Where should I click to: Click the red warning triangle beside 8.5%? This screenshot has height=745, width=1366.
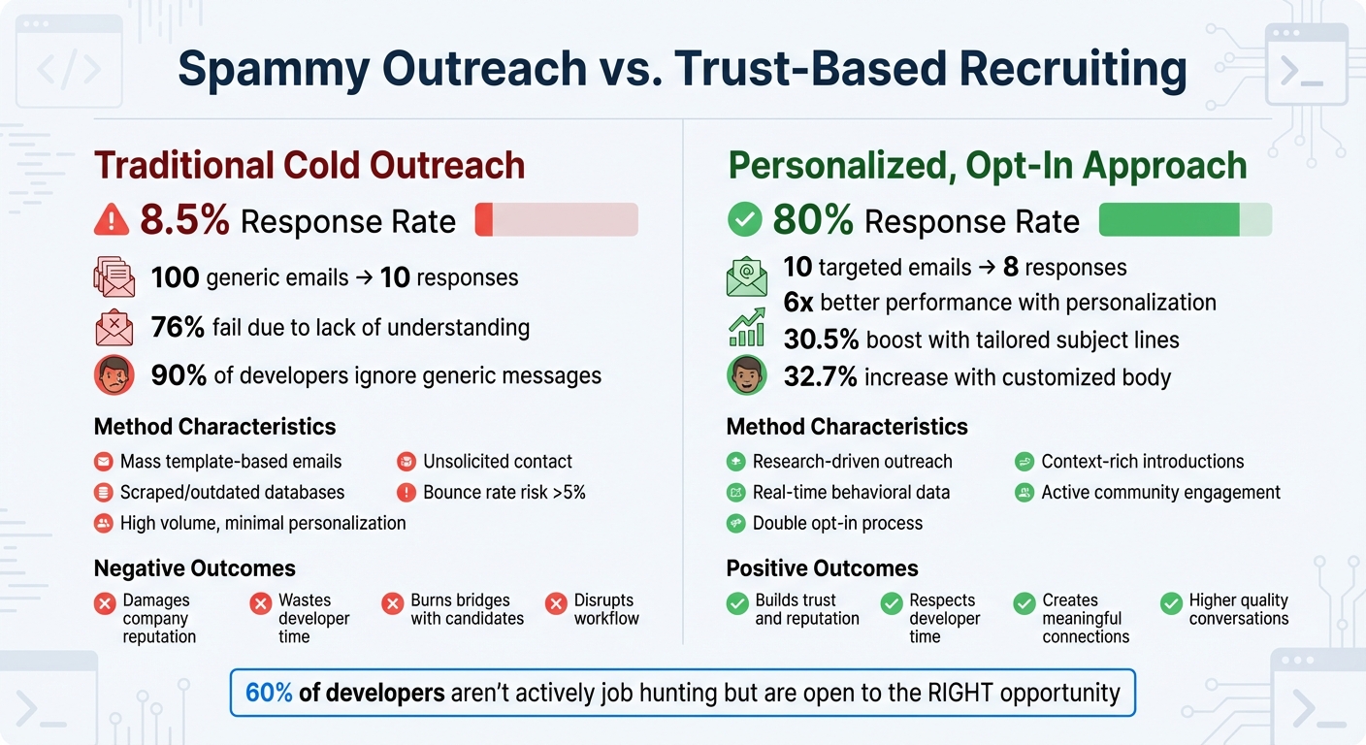pyautogui.click(x=112, y=221)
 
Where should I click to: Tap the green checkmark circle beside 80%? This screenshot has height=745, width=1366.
pyautogui.click(x=744, y=220)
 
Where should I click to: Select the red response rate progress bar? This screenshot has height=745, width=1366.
pyautogui.click(x=556, y=220)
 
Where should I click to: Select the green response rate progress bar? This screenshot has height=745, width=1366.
pyautogui.click(x=1185, y=220)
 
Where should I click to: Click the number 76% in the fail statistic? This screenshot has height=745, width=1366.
pyautogui.click(x=178, y=328)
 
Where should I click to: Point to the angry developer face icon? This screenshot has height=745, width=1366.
pyautogui.click(x=114, y=375)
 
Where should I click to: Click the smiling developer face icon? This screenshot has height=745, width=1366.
pyautogui.click(x=746, y=375)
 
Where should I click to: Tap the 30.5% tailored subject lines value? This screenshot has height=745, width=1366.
pyautogui.click(x=821, y=340)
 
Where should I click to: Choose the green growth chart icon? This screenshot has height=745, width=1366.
pyautogui.click(x=746, y=328)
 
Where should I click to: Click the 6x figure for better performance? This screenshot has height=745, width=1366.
pyautogui.click(x=798, y=303)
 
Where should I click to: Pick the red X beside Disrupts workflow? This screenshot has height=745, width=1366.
pyautogui.click(x=556, y=605)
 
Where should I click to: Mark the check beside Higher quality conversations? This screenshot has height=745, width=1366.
pyautogui.click(x=1171, y=605)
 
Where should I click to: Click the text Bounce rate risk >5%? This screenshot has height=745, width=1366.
pyautogui.click(x=504, y=492)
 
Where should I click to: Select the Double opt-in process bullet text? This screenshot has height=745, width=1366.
pyautogui.click(x=837, y=523)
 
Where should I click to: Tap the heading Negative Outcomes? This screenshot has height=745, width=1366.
pyautogui.click(x=194, y=568)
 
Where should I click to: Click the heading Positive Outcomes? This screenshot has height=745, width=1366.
pyautogui.click(x=822, y=568)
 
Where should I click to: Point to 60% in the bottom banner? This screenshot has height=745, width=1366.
pyautogui.click(x=269, y=693)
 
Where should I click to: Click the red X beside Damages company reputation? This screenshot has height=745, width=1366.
pyautogui.click(x=105, y=605)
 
